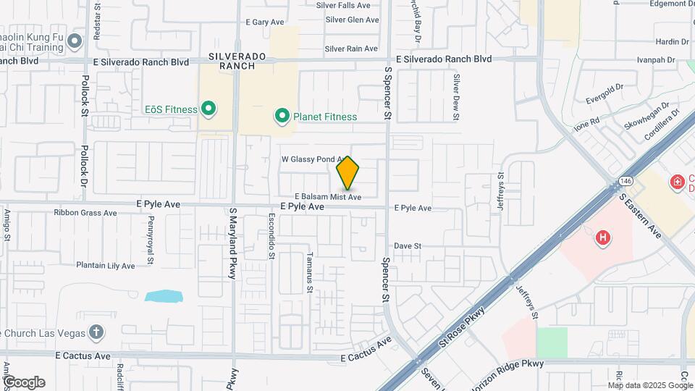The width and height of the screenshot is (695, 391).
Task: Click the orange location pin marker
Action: pos(347,173)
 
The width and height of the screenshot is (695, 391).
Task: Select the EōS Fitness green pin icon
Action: pos(208,109)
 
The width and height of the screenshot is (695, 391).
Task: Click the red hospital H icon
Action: pos(602,237)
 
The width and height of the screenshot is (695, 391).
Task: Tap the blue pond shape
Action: pos(164,296)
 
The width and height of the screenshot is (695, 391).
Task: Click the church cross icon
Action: pos(96,332)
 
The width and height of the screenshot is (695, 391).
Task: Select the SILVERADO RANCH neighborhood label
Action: pos(232,61)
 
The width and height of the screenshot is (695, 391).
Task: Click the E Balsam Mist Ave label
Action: pos(327,197)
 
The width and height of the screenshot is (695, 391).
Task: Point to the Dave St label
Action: pos(408,246)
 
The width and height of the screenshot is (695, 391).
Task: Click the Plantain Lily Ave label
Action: pos(106,266)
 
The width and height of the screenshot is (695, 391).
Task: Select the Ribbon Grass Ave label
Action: pos(85,213)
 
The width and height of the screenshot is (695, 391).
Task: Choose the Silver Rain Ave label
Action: pos(351,49)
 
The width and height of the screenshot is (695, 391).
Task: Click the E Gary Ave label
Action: pos(265,22)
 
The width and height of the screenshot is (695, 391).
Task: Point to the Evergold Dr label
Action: pos(605,93)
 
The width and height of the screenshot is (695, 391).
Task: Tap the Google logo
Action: pos(24,382)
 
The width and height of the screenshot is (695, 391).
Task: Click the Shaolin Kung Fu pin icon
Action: pos(75,43)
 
